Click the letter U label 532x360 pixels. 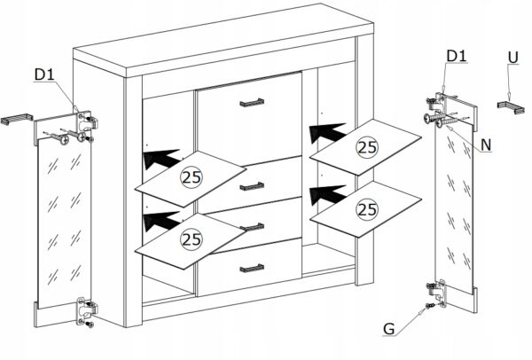(513, 58)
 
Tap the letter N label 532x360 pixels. (486, 145)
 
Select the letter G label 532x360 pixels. (389, 329)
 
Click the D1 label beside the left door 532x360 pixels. (44, 74)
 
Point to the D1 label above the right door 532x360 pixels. (457, 56)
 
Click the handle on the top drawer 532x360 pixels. (252, 103)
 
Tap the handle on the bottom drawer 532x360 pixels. (252, 269)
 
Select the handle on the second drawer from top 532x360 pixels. (252, 186)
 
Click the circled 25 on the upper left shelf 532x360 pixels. (192, 177)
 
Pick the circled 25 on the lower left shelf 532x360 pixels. (192, 239)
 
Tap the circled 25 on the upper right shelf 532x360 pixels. (367, 147)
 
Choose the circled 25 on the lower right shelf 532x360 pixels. (367, 209)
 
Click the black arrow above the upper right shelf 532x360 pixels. (326, 132)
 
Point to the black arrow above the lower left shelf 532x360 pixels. (160, 221)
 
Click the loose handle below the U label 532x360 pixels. (511, 107)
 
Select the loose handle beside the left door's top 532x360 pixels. (16, 119)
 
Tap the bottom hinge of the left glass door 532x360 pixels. (86, 310)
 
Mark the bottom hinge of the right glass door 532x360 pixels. (437, 291)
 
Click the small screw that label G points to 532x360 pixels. (429, 306)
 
